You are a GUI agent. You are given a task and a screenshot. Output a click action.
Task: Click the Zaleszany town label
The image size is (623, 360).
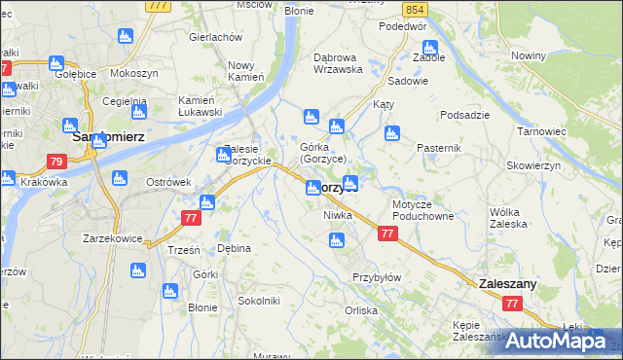click(x=507, y=283)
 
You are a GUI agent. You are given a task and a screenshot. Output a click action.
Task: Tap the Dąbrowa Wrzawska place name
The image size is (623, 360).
click(x=338, y=63)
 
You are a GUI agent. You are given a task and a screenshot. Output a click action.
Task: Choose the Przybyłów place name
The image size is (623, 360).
click(x=377, y=277)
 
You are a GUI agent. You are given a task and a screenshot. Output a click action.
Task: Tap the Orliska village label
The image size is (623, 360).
click(x=360, y=311)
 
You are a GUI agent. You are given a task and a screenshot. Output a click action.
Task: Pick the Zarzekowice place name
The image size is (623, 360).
click(x=113, y=238)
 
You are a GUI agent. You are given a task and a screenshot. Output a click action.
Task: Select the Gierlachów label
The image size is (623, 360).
click(x=215, y=36)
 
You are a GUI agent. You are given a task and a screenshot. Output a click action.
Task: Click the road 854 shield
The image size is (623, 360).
click(x=416, y=9)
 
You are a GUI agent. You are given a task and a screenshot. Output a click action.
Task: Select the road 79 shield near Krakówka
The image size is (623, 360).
click(x=55, y=162)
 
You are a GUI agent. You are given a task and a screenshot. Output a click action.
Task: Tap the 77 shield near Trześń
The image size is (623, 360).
click(x=189, y=221)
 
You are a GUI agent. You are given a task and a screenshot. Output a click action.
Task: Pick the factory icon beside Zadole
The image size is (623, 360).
click(x=429, y=45)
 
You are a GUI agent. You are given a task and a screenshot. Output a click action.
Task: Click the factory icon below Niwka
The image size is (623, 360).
click(x=337, y=240)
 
